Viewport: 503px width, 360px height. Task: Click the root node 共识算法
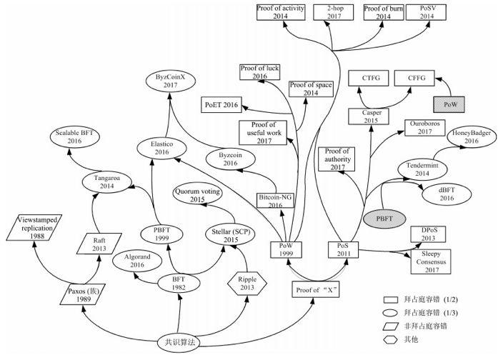tap(179, 342)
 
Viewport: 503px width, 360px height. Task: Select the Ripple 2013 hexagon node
tap(247, 284)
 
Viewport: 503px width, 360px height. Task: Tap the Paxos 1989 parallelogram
tap(83, 294)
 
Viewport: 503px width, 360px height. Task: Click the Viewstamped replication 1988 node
tap(34, 228)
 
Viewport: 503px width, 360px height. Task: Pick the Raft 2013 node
tap(99, 244)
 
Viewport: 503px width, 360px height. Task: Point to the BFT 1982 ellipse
tap(179, 284)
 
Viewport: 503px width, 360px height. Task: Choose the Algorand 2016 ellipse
tap(137, 261)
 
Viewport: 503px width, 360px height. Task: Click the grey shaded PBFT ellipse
tap(384, 219)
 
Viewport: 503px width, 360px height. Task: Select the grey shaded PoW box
tap(449, 104)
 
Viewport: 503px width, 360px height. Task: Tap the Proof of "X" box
tap(316, 290)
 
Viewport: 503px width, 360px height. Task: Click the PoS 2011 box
tap(343, 250)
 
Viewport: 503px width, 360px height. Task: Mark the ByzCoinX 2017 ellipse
tap(170, 81)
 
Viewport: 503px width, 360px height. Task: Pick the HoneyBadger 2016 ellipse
tap(472, 137)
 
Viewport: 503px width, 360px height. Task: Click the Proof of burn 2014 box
tap(384, 13)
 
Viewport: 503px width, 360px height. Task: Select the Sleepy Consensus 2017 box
tap(431, 261)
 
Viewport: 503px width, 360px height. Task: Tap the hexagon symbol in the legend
tap(391, 340)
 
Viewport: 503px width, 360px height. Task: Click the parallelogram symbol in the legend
tap(391, 326)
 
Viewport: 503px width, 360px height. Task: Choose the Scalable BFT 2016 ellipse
tap(75, 137)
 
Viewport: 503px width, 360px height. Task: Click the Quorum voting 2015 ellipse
tap(197, 195)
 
